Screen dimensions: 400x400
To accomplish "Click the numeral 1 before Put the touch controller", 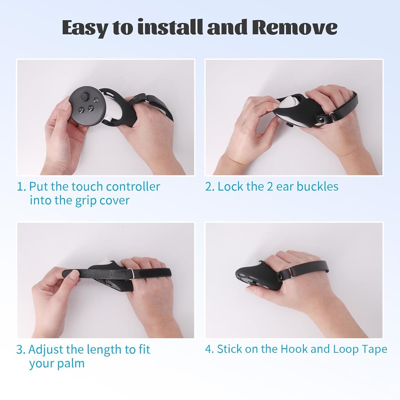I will (x=20, y=187).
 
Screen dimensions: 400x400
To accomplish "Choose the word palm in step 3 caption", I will (x=71, y=364).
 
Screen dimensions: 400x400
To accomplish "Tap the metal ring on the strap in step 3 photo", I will (x=132, y=275).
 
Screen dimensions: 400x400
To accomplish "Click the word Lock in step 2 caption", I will (x=230, y=187).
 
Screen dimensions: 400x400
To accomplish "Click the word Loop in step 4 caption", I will (x=345, y=349).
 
